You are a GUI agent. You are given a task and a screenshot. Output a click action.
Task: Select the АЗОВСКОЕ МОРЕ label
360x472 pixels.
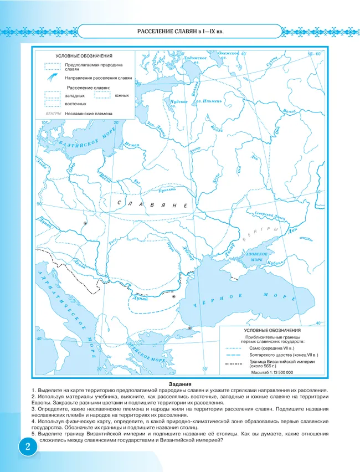255,256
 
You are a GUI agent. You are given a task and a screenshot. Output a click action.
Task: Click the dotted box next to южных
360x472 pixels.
102,95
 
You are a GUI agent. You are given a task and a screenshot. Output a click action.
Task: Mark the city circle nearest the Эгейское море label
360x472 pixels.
191,328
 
